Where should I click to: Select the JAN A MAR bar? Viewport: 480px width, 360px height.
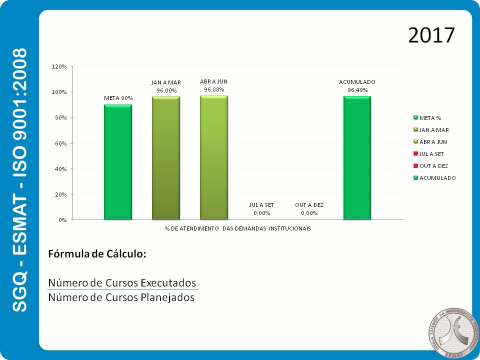[x=166, y=157]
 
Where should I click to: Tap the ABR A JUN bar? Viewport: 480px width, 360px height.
[x=214, y=157]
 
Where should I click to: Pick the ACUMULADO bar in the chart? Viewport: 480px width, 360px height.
[x=357, y=157]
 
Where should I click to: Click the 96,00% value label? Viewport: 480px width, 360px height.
[x=166, y=90]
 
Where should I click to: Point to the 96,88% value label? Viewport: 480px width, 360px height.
[x=214, y=89]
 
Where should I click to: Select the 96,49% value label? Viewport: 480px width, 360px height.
[x=357, y=90]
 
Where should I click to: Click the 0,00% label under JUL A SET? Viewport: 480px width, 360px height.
[x=261, y=213]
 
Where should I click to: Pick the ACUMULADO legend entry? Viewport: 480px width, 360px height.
[x=435, y=178]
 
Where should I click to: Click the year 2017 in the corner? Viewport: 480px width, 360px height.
[x=431, y=35]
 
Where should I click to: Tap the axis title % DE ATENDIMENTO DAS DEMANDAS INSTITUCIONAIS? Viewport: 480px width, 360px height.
[x=237, y=228]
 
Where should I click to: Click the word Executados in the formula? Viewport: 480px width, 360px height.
[x=168, y=282]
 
